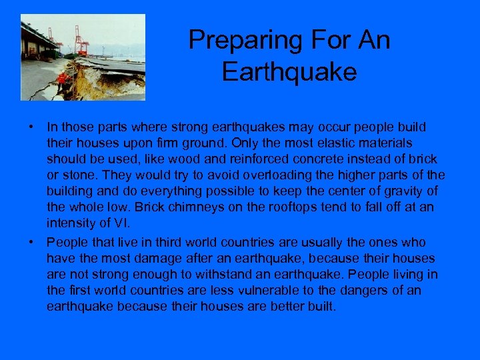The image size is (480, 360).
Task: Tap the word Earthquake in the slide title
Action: pyautogui.click(x=289, y=72)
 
